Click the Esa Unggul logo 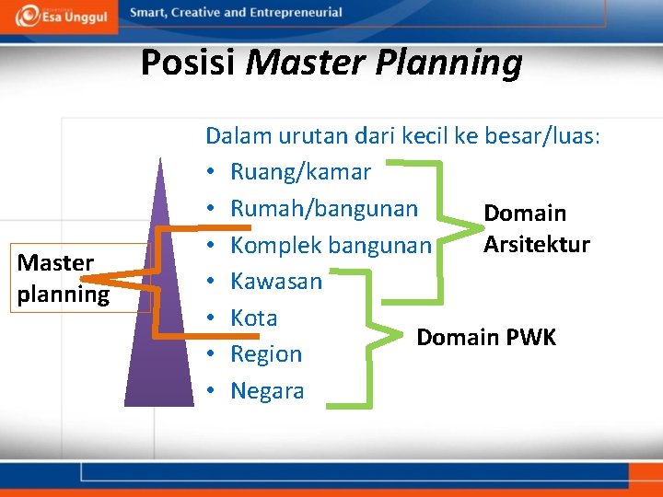pyautogui.click(x=59, y=15)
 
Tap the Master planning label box pyautogui.click(x=63, y=278)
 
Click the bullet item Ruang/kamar pyautogui.click(x=300, y=172)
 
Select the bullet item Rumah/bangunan pyautogui.click(x=323, y=208)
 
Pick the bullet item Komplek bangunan pyautogui.click(x=330, y=245)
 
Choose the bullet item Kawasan pyautogui.click(x=275, y=281)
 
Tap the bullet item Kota pyautogui.click(x=253, y=318)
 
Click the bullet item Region pyautogui.click(x=265, y=354)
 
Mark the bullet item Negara pyautogui.click(x=266, y=391)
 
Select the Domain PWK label pyautogui.click(x=486, y=338)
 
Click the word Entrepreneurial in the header pyautogui.click(x=293, y=13)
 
